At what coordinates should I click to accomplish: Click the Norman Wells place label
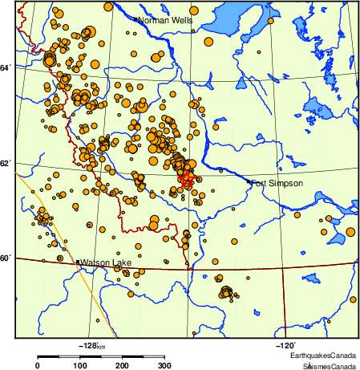click(x=165, y=20)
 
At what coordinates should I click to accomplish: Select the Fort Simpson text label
click(x=277, y=184)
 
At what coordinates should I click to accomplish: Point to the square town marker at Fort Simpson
click(x=249, y=182)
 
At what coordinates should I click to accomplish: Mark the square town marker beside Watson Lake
click(x=77, y=262)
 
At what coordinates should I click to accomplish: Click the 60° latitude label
click(x=6, y=258)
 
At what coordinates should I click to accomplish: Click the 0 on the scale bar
click(x=37, y=366)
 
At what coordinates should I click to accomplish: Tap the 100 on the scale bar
click(x=80, y=366)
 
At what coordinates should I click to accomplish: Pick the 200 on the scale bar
click(x=123, y=366)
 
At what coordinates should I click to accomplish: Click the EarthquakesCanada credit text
click(x=323, y=356)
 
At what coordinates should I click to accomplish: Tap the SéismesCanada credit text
click(x=326, y=366)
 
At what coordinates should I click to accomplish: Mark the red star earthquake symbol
click(x=186, y=178)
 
